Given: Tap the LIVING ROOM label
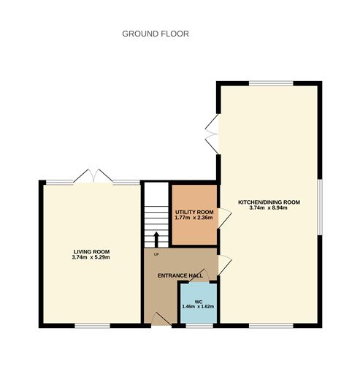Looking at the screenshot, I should tap(91, 251).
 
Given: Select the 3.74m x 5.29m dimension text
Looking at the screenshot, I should tap(91, 257).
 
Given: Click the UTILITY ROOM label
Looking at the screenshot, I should tap(194, 211).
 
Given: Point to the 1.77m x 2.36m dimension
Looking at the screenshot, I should tap(194, 217).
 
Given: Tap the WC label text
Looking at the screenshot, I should tap(198, 301).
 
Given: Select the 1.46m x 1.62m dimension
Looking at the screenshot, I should tap(198, 307).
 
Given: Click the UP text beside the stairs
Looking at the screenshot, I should tap(156, 254).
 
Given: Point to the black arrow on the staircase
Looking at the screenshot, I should tap(156, 239).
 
